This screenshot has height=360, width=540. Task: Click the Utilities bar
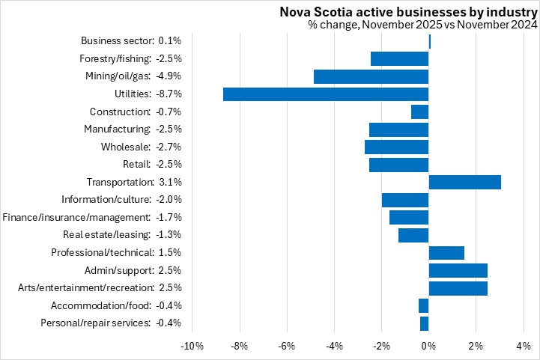(326, 94)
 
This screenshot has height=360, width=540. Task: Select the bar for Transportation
(464, 182)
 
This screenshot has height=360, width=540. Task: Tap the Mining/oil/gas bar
(371, 76)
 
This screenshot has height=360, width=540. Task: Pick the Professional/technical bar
(446, 253)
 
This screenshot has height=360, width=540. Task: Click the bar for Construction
(419, 112)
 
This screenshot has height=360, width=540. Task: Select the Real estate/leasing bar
(413, 235)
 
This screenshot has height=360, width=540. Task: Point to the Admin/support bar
(458, 270)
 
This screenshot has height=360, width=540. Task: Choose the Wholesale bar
(396, 147)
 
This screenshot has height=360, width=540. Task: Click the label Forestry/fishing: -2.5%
(130, 58)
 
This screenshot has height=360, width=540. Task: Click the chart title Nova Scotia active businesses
(408, 11)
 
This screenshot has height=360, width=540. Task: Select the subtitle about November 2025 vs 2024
(422, 25)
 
